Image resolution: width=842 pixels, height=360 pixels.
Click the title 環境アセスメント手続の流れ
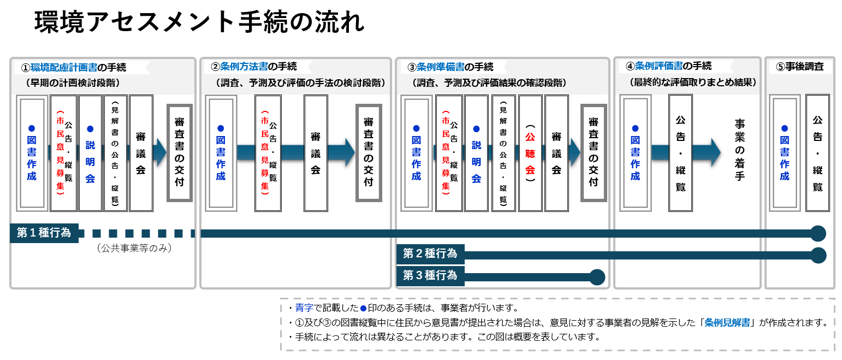pos(199,23)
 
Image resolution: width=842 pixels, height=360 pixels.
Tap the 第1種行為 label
pos(44,233)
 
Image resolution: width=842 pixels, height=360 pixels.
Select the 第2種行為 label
pos(430,254)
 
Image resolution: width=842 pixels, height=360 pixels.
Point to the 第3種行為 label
pos(430,275)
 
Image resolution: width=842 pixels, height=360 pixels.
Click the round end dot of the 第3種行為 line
pos(597,277)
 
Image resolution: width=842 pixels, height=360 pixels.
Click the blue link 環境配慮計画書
pos(64,68)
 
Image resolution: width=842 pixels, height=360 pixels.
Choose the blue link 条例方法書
pos(244,67)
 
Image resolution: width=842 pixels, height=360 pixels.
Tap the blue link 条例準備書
pos(441,67)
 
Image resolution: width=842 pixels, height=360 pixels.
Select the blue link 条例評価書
pos(659,66)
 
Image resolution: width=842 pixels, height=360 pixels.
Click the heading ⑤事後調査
pos(800,67)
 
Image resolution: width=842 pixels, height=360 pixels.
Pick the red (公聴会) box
pos(530,153)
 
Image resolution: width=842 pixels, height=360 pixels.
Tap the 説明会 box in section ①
pos(90,153)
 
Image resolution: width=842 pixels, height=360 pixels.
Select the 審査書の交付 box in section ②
pos(368,153)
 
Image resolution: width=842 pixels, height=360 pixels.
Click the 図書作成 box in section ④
pos(635,153)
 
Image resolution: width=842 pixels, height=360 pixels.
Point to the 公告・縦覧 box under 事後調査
pos(817,153)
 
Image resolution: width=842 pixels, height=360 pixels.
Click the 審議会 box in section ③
pos(556,153)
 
